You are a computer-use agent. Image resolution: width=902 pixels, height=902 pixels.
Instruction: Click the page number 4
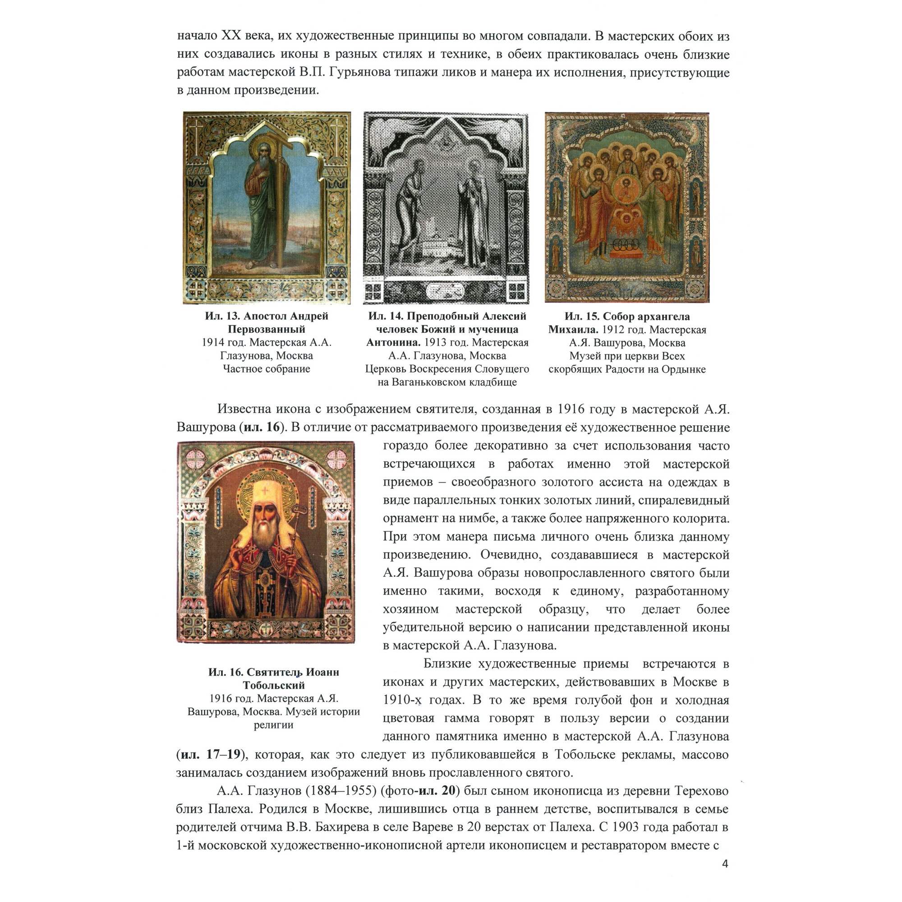pos(725,864)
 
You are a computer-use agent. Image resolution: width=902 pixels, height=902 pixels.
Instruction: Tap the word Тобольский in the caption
pos(274,686)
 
